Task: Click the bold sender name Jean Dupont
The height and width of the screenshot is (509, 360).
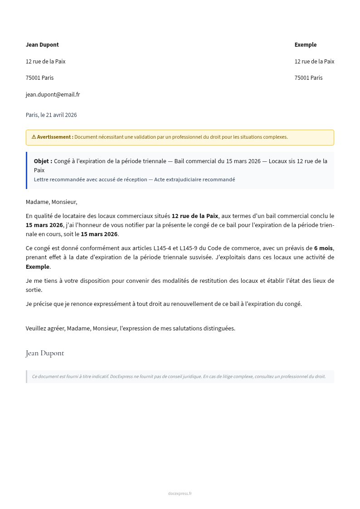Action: tap(42, 45)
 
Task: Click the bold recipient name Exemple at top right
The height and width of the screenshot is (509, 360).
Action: tap(306, 45)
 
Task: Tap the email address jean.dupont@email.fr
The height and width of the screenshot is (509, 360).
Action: tap(53, 95)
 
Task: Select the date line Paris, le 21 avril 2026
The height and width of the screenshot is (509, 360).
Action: tap(51, 115)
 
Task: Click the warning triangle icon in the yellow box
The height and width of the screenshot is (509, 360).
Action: tap(34, 137)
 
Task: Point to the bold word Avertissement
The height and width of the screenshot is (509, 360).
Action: tap(54, 137)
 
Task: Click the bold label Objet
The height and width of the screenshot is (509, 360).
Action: tap(43, 161)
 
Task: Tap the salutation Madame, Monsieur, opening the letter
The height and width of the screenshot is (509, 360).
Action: tap(51, 202)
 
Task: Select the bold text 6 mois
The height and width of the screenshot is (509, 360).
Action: tap(323, 248)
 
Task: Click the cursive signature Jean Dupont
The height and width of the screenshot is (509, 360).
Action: tap(45, 353)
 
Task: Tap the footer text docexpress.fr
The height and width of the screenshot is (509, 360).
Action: tap(180, 494)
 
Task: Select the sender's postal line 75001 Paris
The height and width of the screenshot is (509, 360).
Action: tap(39, 78)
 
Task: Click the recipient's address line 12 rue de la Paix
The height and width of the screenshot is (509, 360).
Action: tap(314, 62)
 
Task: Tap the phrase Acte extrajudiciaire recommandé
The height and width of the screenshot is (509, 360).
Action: tap(195, 179)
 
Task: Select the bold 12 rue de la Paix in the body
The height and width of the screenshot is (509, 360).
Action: tap(195, 216)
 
